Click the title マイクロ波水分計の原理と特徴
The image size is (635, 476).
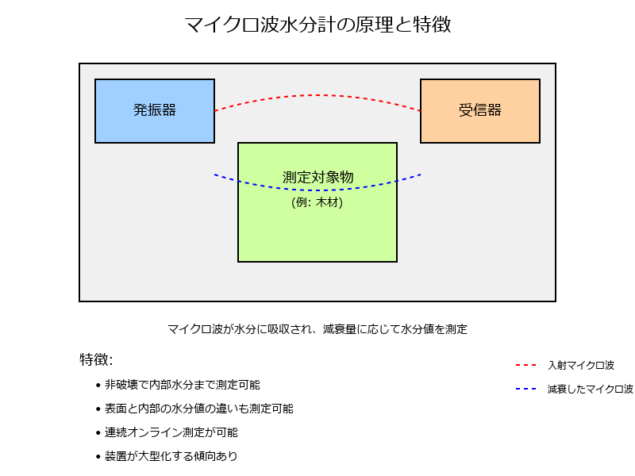317,25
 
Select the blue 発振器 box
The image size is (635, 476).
155,111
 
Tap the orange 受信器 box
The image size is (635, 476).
480,111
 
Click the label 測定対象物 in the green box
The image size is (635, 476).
317,177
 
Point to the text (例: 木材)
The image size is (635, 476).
317,202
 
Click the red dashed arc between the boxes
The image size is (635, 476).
317,95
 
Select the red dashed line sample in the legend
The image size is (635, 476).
525,365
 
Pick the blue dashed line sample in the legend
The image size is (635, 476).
525,389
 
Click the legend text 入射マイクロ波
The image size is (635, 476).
581,365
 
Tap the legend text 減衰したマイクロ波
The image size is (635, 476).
590,389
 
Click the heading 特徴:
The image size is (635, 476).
96,359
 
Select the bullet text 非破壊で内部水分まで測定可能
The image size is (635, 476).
183,385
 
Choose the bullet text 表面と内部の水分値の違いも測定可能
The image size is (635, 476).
199,409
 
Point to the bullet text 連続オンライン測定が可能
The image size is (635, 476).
171,432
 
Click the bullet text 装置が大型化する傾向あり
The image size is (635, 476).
171,456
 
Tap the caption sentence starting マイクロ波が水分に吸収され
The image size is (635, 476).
317,329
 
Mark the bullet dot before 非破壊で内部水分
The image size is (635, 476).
98,386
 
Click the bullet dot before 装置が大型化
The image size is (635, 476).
98,457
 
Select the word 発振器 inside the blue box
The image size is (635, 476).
155,110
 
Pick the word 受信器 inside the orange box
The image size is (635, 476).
480,110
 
